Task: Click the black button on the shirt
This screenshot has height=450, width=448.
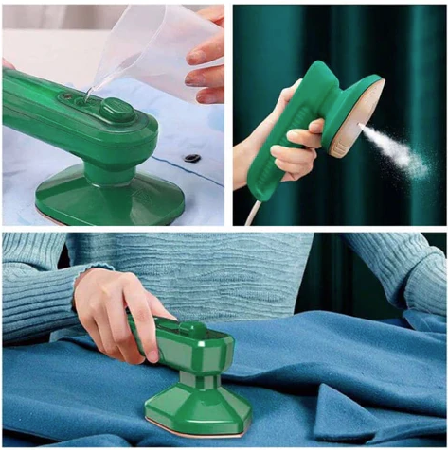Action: (x=192, y=158)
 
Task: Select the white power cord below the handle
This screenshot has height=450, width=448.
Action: (x=252, y=213)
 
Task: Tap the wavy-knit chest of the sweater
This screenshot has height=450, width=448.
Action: (x=218, y=269)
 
